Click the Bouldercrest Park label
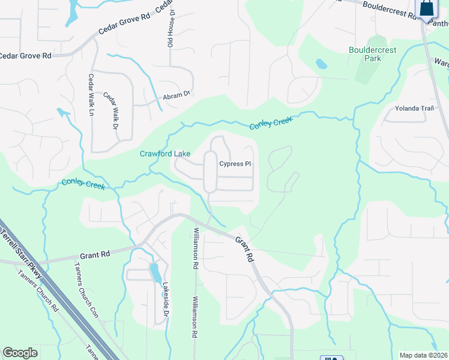pos(373,54)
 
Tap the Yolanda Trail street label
pos(414,108)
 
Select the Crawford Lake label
pos(165,154)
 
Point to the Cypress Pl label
pos(235,164)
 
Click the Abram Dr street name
pos(176,95)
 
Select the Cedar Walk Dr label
pos(110,112)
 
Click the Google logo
pos(20,353)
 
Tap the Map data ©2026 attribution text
pos(424,355)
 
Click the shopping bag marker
pos(426,8)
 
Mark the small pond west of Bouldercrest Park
pos(321,63)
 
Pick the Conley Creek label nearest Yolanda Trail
pos(271,123)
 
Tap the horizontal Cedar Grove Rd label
pos(25,55)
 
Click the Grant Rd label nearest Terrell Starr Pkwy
pos(97,254)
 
